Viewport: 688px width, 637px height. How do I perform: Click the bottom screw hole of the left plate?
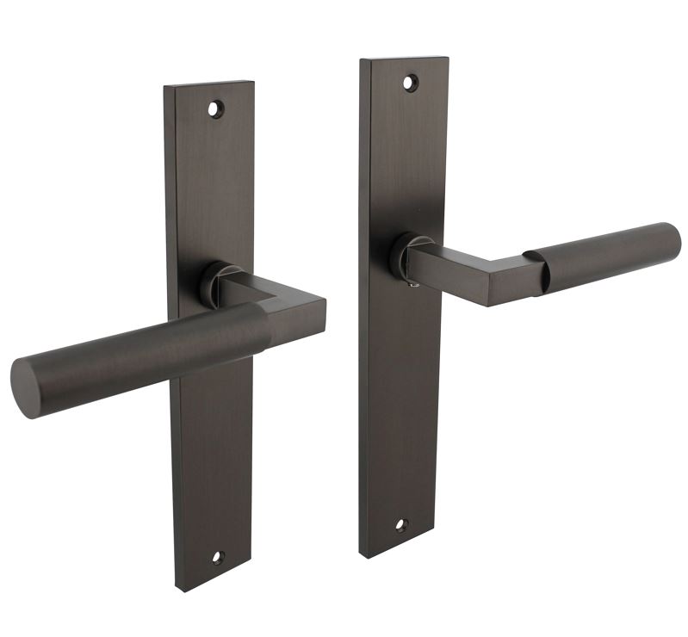(217, 557)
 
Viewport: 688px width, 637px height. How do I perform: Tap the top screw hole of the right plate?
(410, 83)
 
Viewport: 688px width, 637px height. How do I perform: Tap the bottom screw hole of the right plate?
(400, 524)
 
